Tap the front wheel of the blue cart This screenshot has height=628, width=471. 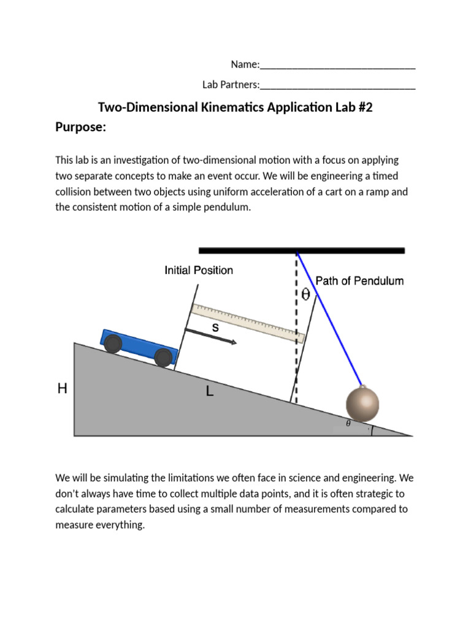163,358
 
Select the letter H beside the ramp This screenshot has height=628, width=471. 62,388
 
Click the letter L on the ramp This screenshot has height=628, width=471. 210,392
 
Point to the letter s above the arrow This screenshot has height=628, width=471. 215,327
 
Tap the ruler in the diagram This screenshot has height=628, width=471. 248,323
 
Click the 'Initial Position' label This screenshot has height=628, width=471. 199,270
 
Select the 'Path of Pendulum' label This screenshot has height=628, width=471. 359,281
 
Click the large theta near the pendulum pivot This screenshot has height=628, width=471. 305,295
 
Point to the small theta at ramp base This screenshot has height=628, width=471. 348,423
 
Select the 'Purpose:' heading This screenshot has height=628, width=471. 81,128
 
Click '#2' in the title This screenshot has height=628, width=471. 361,107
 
